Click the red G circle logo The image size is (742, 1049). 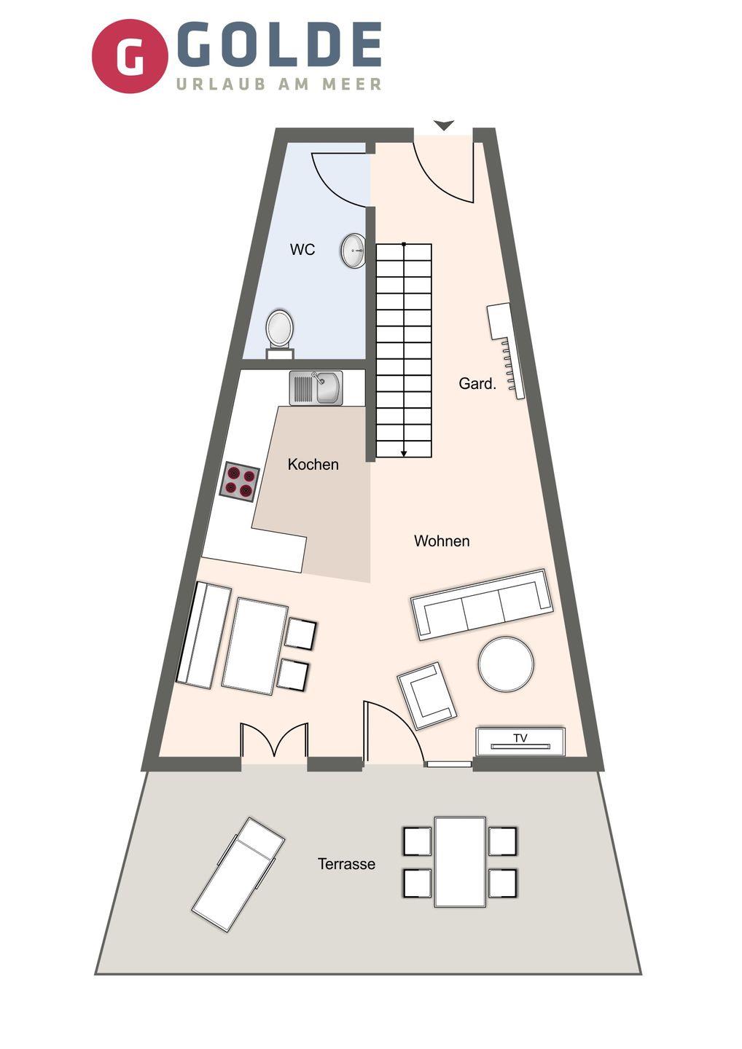tap(130, 56)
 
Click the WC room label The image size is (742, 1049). tap(302, 250)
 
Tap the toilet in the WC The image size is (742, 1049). tap(280, 333)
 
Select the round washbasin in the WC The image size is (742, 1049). tap(354, 251)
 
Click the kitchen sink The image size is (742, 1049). tap(316, 388)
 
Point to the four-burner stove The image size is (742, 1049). tap(239, 482)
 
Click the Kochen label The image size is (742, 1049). tap(313, 465)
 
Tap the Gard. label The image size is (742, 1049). tap(477, 383)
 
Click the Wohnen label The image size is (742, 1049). tap(442, 541)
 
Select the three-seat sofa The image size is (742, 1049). tap(482, 605)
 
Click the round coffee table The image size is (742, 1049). tap(506, 664)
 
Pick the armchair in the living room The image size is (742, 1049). tap(426, 696)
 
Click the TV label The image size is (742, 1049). tap(520, 739)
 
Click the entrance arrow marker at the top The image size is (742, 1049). tap(444, 125)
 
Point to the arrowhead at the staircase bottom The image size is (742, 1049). tap(404, 453)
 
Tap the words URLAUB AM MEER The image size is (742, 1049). tap(278, 85)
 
